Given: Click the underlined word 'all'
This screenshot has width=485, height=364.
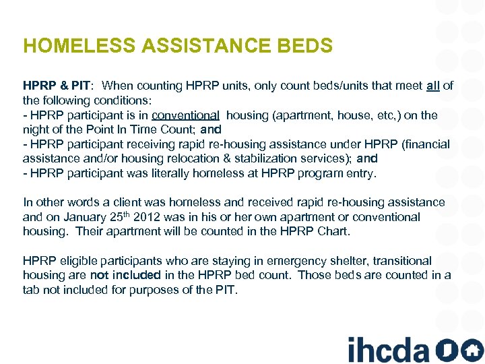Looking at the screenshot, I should (433, 86).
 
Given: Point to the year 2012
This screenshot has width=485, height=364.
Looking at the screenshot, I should (147, 217).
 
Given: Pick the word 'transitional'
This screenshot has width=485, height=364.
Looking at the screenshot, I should (399, 260).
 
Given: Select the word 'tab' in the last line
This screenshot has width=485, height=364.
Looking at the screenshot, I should (31, 290).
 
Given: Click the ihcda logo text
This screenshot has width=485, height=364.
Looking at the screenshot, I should (388, 349).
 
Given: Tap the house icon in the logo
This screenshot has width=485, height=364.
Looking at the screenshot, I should (472, 350).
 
